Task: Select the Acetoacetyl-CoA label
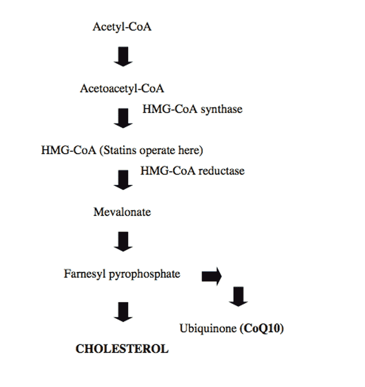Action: click(122, 89)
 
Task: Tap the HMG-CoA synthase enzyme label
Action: click(192, 109)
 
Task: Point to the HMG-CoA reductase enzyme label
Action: click(192, 171)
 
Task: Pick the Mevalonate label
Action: click(122, 212)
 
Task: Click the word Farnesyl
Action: click(85, 274)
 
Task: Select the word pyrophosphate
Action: click(145, 274)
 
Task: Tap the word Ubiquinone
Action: click(208, 329)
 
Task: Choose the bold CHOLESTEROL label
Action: click(122, 349)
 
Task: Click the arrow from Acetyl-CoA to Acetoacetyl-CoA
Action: click(123, 57)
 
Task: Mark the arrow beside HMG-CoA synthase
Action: click(123, 118)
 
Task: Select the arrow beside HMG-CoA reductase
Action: click(123, 180)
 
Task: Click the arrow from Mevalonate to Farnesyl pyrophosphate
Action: click(123, 241)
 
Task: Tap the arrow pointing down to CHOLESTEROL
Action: click(123, 312)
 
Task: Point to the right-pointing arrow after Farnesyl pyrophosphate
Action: click(212, 276)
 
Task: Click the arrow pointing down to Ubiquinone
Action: click(238, 297)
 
